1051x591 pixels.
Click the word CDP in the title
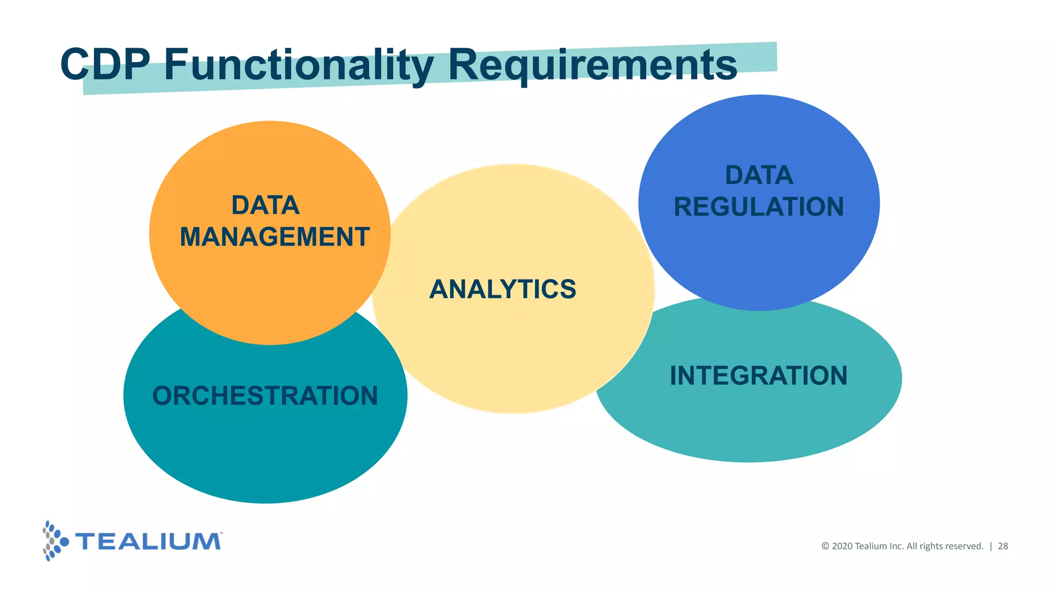pos(105,65)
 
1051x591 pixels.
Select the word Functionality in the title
pos(299,66)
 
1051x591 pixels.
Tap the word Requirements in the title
pos(593,66)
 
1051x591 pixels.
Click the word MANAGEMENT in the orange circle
pos(275,237)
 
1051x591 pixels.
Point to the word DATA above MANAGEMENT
pos(265,205)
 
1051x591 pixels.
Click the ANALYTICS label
pos(503,289)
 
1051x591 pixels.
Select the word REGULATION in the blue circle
pos(758,207)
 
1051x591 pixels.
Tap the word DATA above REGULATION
pos(759,175)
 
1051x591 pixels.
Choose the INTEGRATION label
pos(758,376)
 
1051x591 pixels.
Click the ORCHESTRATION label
pos(265,396)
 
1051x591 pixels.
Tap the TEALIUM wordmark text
pos(148,542)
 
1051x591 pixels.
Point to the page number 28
pos(1003,546)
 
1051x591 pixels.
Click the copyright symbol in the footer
pos(825,546)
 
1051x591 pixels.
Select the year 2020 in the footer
pos(842,546)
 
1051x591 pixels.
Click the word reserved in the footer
pos(964,546)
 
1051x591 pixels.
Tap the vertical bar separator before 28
pos(990,546)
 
